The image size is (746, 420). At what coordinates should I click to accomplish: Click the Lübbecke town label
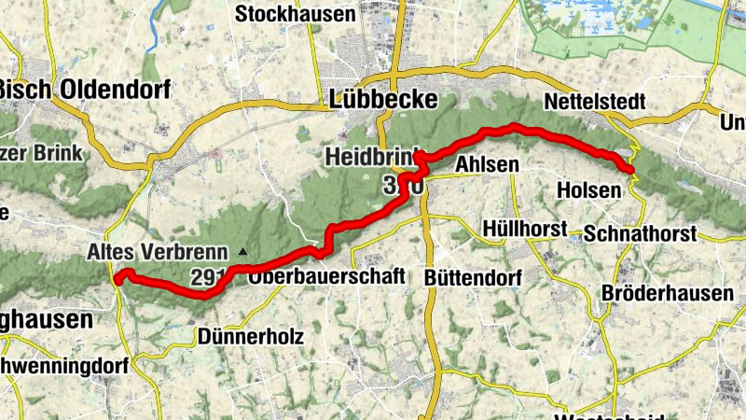(x=383, y=100)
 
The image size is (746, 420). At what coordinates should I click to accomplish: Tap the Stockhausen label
(x=283, y=14)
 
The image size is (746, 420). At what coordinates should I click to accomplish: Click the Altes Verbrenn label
(x=157, y=251)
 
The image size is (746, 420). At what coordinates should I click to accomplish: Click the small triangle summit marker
(x=242, y=251)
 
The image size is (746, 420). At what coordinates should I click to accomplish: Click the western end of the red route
(x=118, y=276)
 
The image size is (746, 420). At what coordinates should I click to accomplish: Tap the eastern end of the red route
(x=631, y=169)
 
